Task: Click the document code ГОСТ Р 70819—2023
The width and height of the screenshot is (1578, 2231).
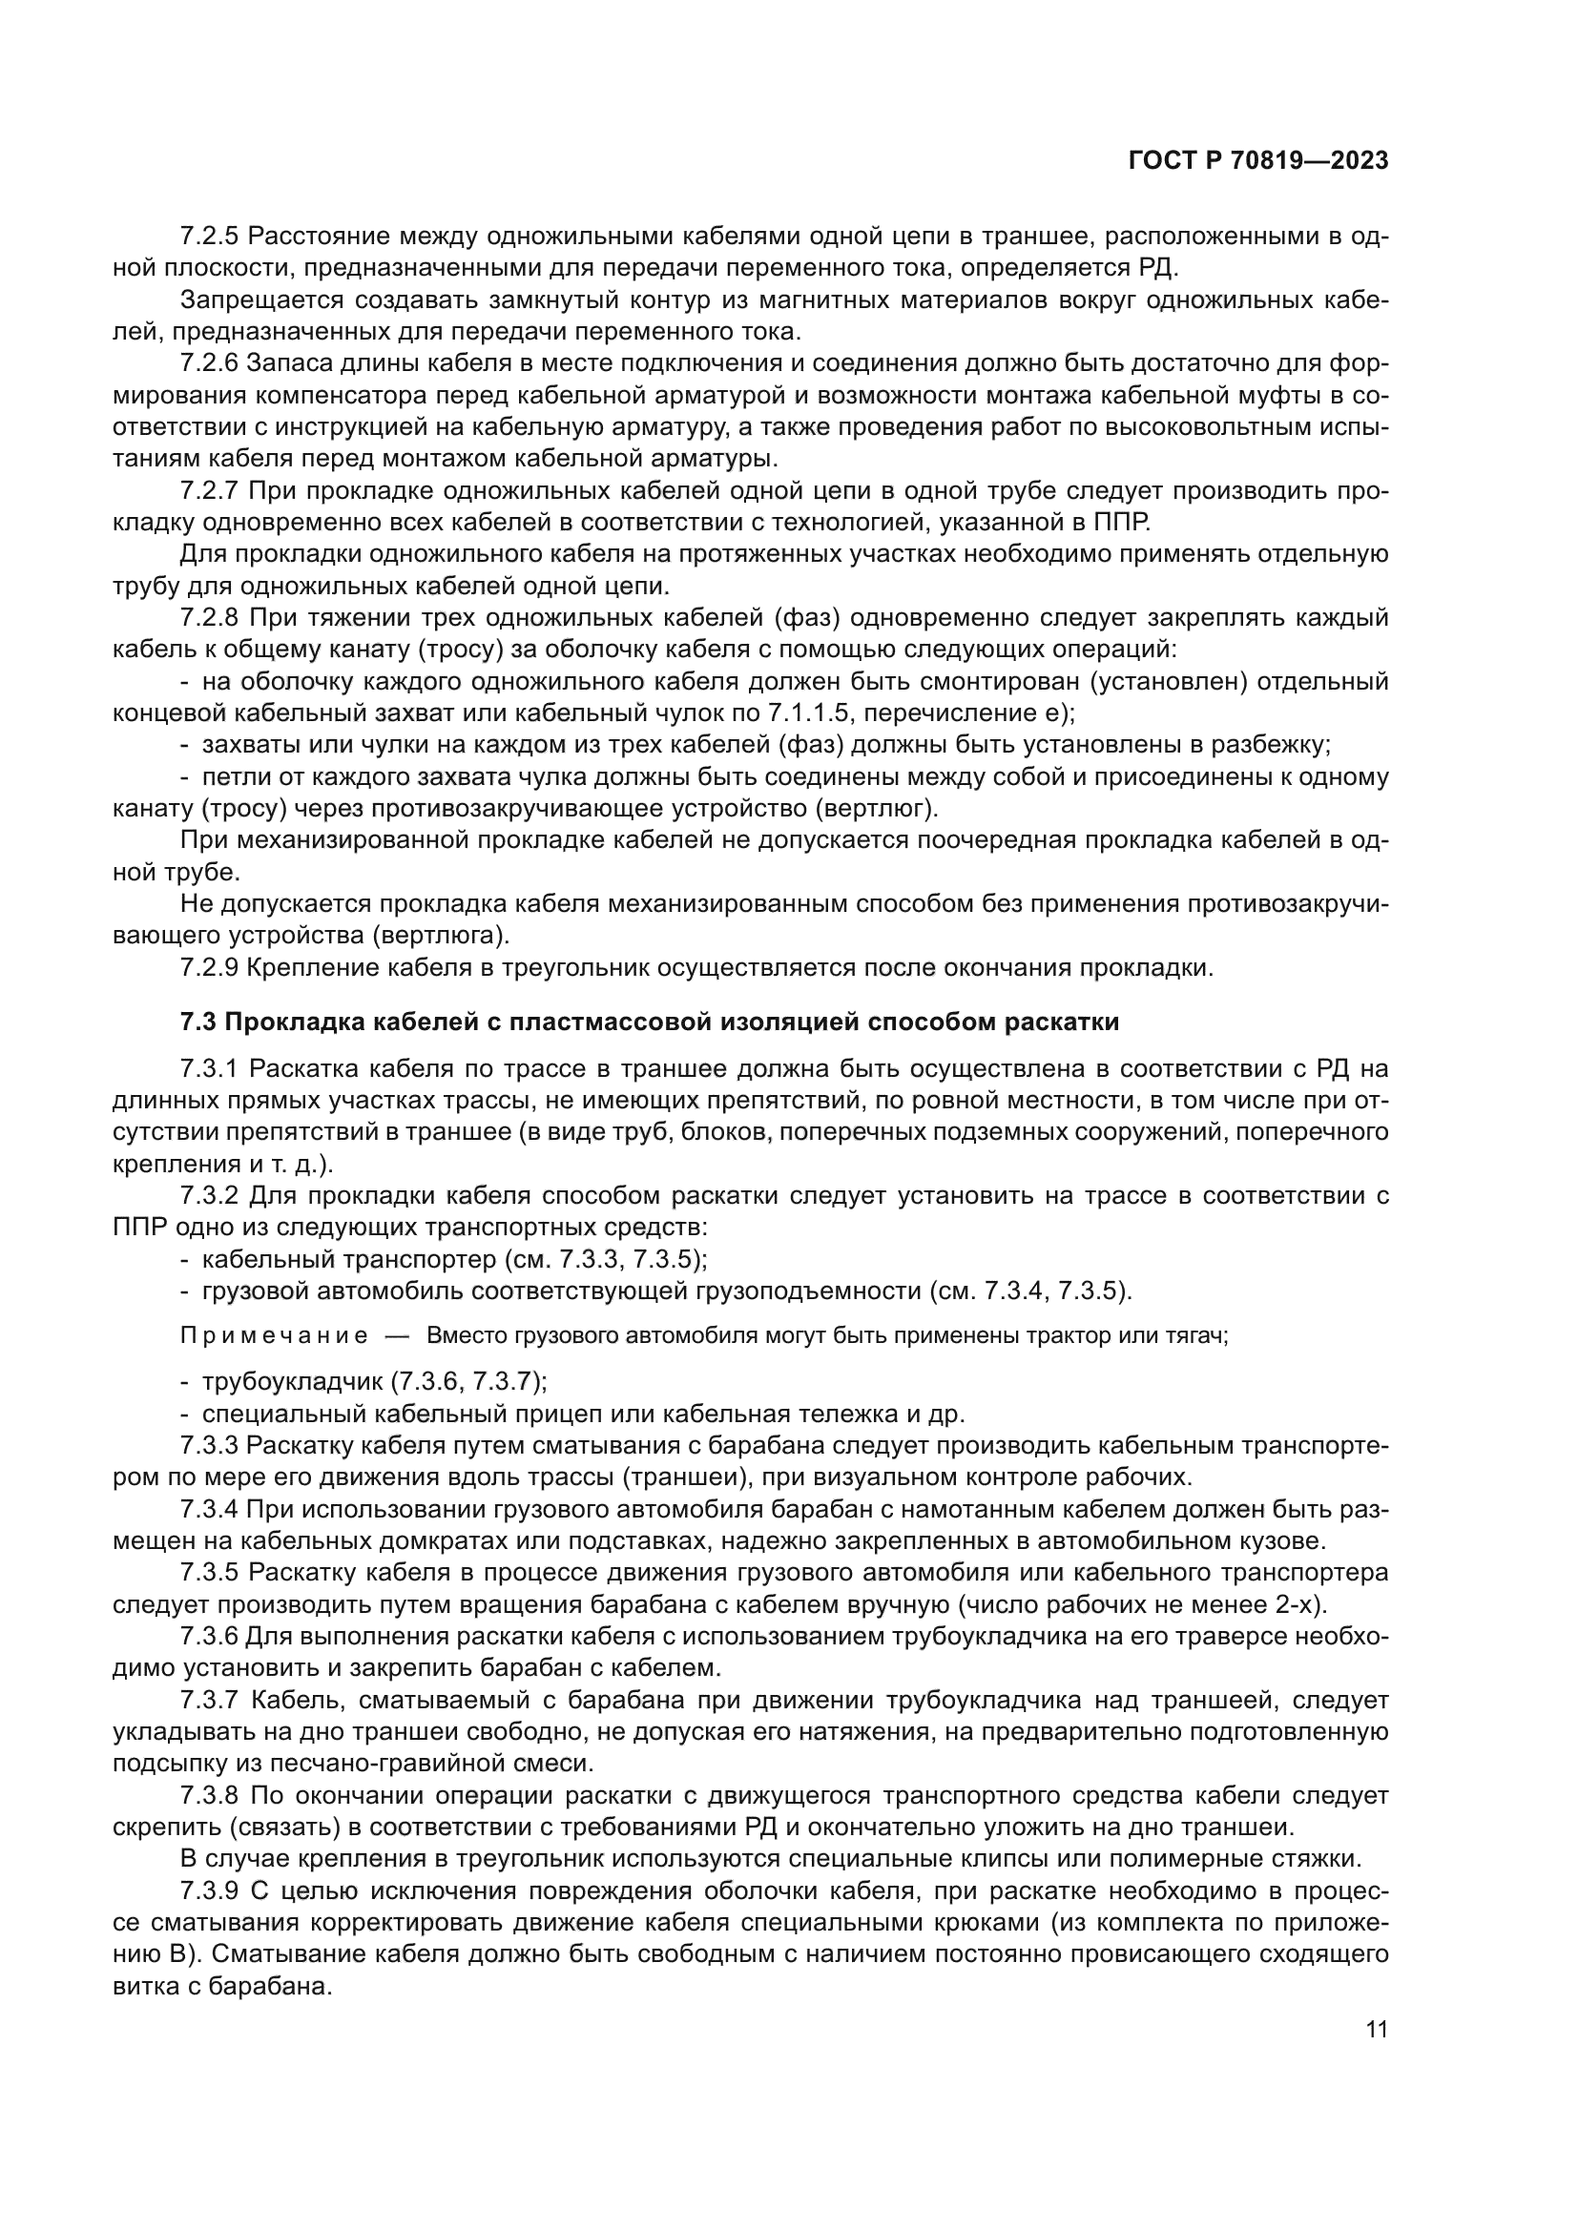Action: coord(1258,161)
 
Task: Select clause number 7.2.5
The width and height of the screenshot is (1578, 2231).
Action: coord(209,237)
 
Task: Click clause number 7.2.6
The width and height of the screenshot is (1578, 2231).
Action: coord(209,363)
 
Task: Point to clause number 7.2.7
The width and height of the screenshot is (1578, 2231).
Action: coord(209,490)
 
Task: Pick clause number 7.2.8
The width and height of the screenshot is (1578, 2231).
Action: coord(209,618)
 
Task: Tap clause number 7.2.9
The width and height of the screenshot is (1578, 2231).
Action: coord(209,968)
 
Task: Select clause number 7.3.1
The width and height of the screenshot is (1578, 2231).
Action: coord(209,1070)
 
